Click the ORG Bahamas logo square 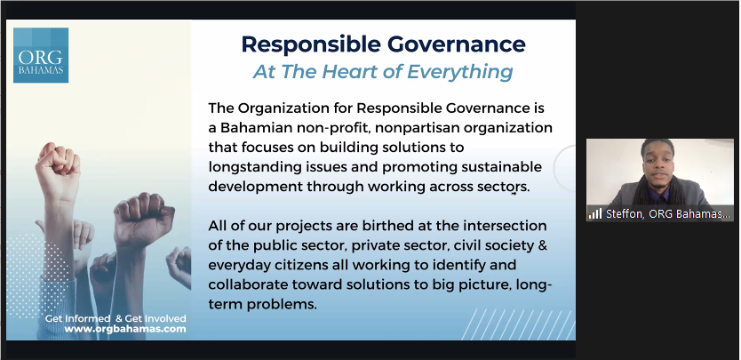pos(41,55)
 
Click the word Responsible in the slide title pos(311,44)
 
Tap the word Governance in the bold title pos(457,44)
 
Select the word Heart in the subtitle pos(352,72)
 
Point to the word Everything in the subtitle pos(460,72)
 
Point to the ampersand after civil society pos(543,245)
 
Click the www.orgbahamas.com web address pos(125,329)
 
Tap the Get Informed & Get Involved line pos(116,318)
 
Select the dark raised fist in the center pos(144,219)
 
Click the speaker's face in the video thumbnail pos(658,164)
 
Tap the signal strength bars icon pos(595,214)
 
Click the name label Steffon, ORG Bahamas pos(668,214)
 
